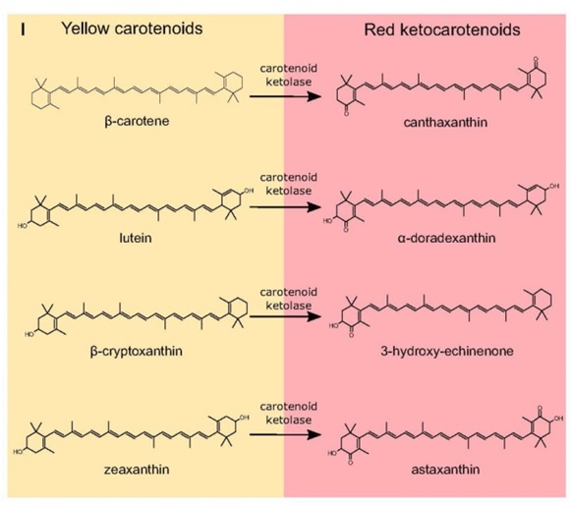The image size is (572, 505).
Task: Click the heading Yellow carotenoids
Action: pos(132,28)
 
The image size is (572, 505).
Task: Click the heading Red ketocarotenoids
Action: pos(442,29)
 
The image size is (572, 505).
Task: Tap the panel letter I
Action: pos(23,29)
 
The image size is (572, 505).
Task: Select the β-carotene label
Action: pos(137,121)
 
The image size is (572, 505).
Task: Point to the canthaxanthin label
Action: pos(445,122)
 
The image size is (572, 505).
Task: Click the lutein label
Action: pos(136,238)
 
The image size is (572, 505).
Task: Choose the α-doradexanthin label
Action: pos(446,238)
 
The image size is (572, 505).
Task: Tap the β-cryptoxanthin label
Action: pos(136,351)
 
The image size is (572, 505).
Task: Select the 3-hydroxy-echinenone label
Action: pos(447,351)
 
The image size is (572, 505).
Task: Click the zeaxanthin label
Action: pos(137,470)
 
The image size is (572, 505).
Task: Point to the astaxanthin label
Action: pos(445,470)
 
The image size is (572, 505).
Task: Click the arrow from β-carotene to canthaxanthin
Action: pos(285,96)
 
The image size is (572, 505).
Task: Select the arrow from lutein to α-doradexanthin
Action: pos(285,207)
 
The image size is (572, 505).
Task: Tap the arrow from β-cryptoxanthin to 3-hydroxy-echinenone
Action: pos(285,316)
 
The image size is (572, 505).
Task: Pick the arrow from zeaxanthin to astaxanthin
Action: pos(285,434)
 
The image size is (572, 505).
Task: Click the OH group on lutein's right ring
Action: pos(249,191)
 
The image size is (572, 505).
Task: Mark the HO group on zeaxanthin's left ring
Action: pos(18,452)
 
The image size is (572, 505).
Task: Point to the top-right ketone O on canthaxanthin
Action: pos(536,59)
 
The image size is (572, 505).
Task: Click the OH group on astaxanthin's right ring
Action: pos(559,419)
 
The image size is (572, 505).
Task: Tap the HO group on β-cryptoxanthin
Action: pos(29,334)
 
